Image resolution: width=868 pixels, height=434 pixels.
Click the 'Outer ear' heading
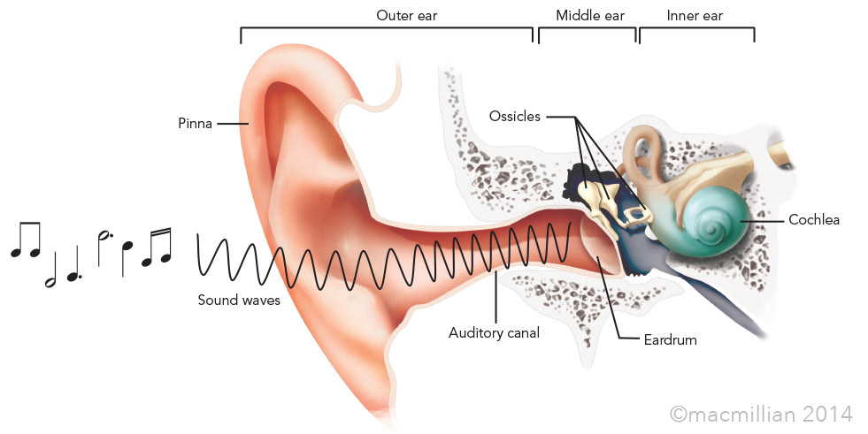406,15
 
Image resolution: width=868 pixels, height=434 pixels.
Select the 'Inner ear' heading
695,15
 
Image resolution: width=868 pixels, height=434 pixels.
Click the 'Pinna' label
195,124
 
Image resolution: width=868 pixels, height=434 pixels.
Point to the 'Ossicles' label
515,116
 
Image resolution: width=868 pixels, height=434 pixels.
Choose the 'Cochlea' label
813,219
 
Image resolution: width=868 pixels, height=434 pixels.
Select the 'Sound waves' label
239,301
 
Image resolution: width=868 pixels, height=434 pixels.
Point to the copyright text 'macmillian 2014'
762,413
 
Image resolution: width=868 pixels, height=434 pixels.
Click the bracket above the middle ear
587,30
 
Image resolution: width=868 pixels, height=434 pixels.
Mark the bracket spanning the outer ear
387,30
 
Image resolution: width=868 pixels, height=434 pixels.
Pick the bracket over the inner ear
696,30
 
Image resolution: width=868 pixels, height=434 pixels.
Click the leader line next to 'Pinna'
231,124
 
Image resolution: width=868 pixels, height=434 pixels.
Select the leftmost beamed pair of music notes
25,240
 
